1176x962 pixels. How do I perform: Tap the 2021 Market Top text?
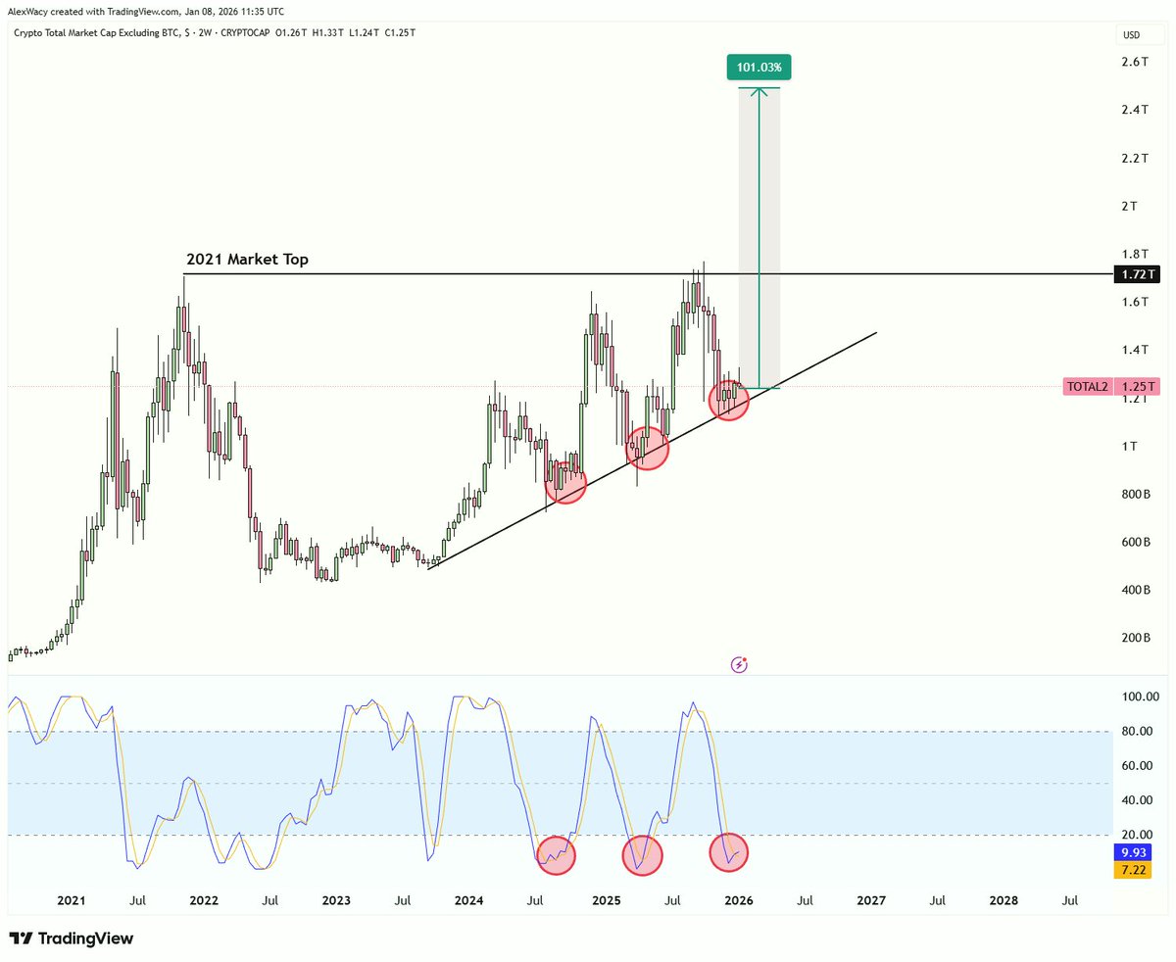click(247, 261)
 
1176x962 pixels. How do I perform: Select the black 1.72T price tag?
click(1136, 276)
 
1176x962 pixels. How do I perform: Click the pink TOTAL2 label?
click(1088, 387)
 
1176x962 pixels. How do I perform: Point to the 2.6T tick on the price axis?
click(1135, 62)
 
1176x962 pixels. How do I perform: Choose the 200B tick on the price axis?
click(1135, 638)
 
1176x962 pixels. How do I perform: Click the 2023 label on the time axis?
click(336, 899)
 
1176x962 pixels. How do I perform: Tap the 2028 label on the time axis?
click(1003, 899)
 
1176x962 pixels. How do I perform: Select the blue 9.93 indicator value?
click(1136, 852)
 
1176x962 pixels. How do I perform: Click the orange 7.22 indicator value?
click(1136, 870)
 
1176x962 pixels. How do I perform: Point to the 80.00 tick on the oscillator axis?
click(1134, 731)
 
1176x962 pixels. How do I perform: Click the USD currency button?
click(1130, 36)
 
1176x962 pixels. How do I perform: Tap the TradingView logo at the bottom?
click(72, 938)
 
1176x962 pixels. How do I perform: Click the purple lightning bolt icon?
click(740, 665)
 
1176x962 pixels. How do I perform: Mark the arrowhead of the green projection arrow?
click(759, 91)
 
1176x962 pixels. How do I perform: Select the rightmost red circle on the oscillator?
click(729, 852)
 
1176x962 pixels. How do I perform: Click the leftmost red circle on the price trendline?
click(565, 482)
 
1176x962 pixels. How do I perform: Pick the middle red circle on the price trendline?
click(648, 447)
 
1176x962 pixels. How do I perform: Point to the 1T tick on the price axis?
click(1130, 447)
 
